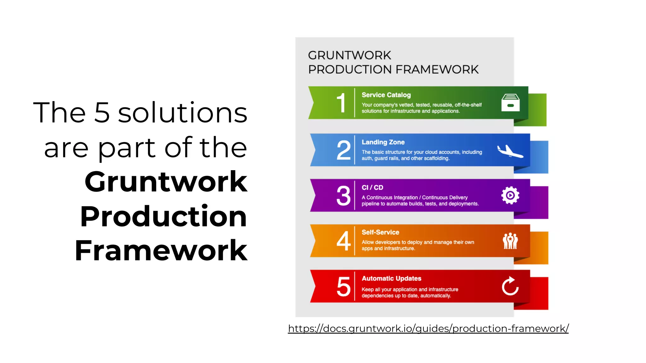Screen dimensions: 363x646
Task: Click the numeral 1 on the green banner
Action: click(341, 103)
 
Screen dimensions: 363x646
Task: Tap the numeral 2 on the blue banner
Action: click(344, 150)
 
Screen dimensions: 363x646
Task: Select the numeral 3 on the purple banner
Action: click(344, 195)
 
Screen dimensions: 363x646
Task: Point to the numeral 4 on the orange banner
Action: click(344, 241)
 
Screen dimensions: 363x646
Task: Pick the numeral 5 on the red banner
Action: click(344, 286)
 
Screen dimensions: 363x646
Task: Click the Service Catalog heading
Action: click(386, 95)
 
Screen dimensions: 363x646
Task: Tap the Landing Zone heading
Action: click(383, 142)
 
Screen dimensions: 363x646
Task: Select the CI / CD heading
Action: click(372, 187)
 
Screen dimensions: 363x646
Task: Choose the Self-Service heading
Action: click(380, 232)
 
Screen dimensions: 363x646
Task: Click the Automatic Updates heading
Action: click(391, 278)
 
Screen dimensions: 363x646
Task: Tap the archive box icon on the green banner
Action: click(510, 102)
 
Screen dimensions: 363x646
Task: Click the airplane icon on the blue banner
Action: click(510, 151)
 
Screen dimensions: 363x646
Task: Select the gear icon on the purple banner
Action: click(510, 195)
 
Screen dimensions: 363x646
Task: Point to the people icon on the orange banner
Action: click(510, 241)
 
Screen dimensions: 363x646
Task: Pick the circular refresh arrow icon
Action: click(510, 286)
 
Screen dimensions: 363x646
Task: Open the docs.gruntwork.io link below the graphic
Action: click(428, 328)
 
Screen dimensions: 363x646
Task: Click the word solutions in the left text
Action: click(183, 112)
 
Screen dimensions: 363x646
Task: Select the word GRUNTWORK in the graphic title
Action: click(349, 55)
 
